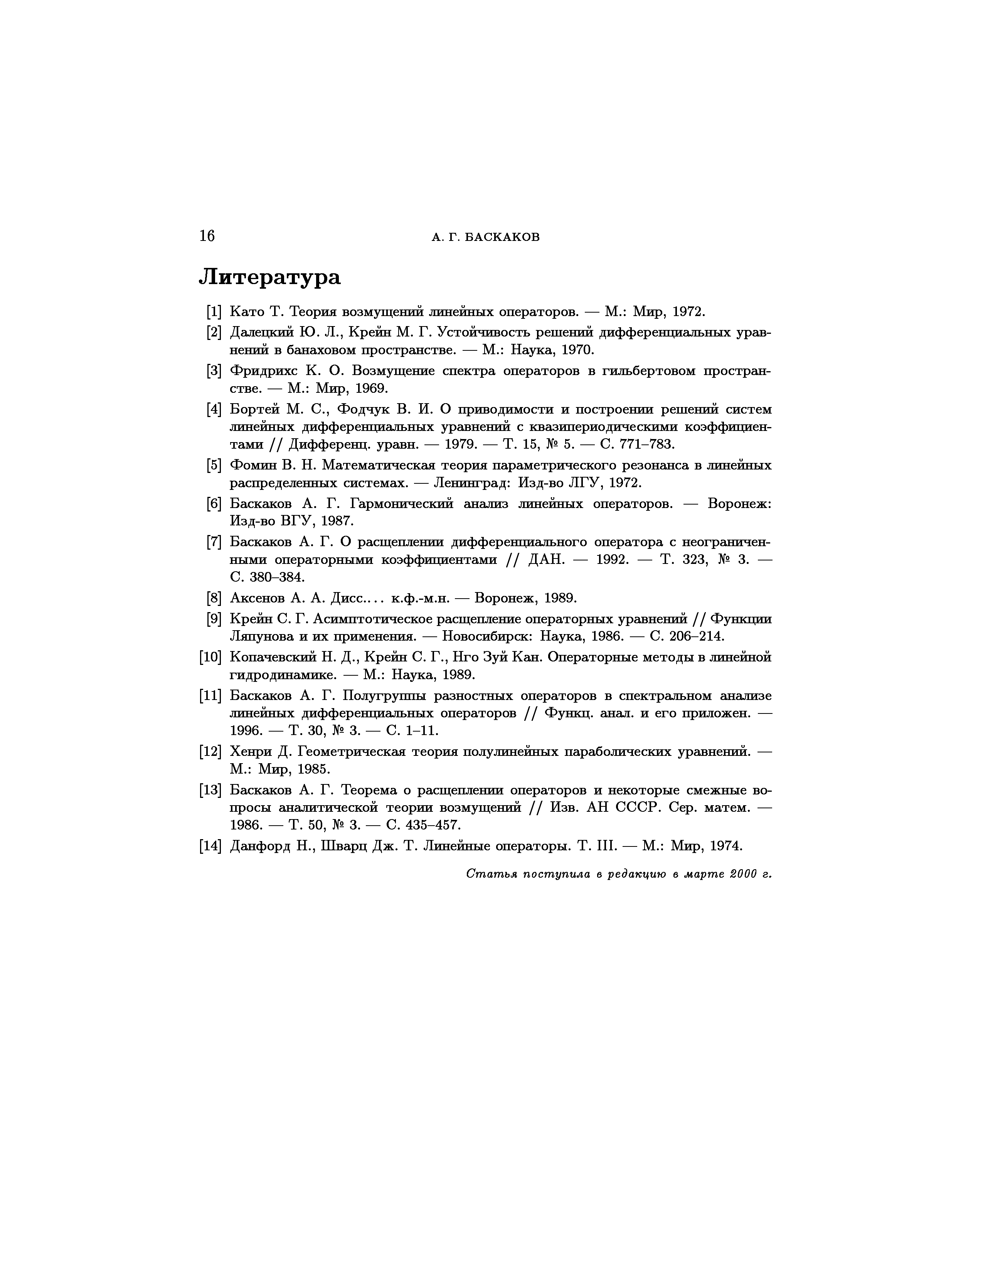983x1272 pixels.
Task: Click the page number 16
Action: point(207,236)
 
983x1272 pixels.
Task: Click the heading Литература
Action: point(269,277)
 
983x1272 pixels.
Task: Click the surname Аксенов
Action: point(257,598)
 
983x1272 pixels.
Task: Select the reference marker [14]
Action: point(210,846)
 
